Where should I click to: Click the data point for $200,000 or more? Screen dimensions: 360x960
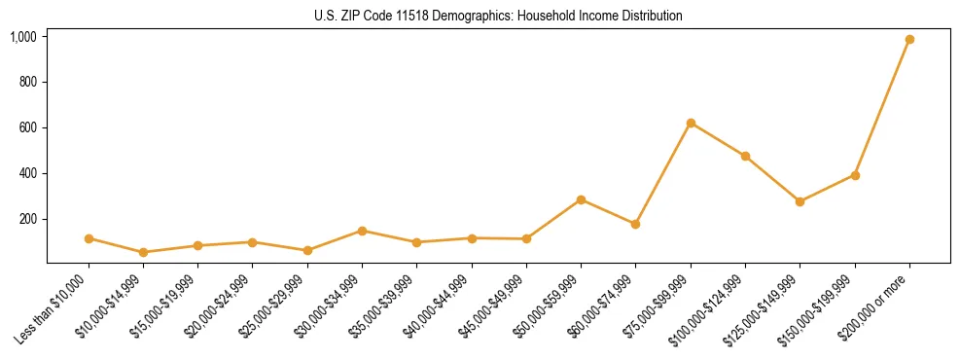click(x=909, y=39)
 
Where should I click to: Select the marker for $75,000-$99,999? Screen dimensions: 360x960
click(x=691, y=124)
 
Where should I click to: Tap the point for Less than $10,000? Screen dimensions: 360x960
click(x=89, y=238)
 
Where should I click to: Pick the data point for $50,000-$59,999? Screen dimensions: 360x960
click(x=581, y=199)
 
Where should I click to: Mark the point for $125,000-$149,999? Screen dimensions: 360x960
click(x=800, y=201)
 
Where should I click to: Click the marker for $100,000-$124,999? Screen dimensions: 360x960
click(x=745, y=156)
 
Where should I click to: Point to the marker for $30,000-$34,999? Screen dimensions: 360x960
click(x=362, y=231)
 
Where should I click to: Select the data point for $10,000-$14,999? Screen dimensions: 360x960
click(x=143, y=252)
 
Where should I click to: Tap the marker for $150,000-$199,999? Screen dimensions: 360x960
click(x=855, y=175)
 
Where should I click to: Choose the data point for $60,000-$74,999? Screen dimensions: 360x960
click(x=635, y=224)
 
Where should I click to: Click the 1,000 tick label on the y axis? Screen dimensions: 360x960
click(x=22, y=37)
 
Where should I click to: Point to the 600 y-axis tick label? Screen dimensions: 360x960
click(x=28, y=127)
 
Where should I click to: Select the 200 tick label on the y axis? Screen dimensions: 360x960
click(x=28, y=219)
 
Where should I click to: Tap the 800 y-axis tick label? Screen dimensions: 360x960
click(x=28, y=82)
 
